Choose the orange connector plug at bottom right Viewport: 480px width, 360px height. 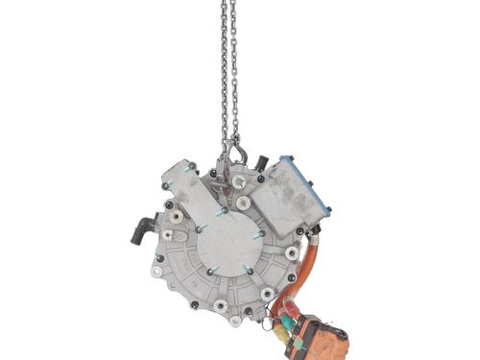tap(317, 336)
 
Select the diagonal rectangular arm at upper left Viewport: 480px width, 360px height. tap(192, 197)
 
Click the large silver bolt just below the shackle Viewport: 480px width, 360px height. tap(238, 180)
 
